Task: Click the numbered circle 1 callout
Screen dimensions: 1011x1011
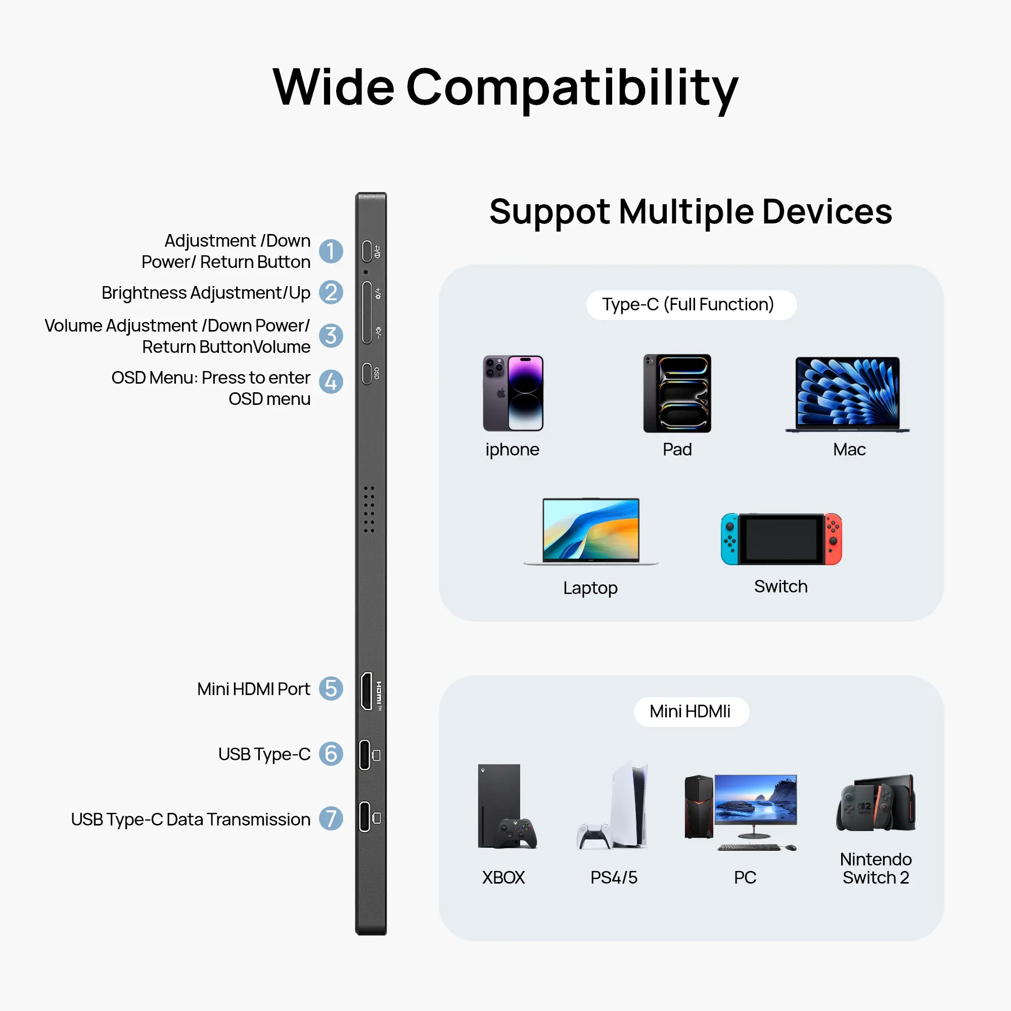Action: pos(331,251)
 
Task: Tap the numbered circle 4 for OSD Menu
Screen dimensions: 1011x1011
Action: pos(331,382)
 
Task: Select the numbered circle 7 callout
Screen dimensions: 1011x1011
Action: pos(331,818)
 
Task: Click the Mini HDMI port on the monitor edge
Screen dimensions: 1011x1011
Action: pos(367,691)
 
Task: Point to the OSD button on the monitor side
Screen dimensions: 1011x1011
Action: pos(367,373)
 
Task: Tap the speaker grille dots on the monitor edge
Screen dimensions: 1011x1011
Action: pos(369,509)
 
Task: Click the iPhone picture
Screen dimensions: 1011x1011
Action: pos(513,393)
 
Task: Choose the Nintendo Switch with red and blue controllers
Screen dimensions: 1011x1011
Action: pos(781,539)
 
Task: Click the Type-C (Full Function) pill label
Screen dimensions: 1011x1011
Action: pos(691,304)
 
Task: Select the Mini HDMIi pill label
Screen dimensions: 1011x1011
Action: pos(691,712)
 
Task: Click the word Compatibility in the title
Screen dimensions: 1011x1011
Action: pos(572,87)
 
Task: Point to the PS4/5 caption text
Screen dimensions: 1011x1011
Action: pos(614,878)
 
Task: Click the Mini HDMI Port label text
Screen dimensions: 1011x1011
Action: pos(253,689)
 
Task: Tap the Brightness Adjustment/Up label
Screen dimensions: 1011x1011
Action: pos(206,293)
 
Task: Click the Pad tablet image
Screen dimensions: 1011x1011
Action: pos(677,393)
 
